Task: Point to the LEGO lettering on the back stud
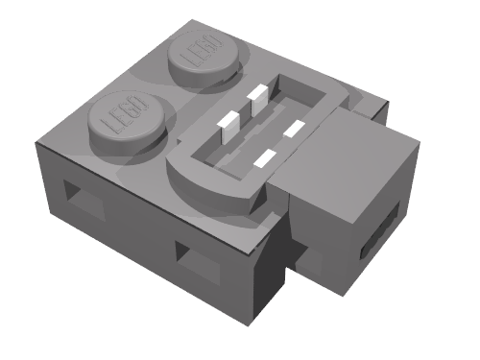(x=201, y=51)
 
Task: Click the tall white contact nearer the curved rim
(x=228, y=127)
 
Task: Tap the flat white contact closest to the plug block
(x=294, y=129)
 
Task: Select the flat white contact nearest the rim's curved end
(x=265, y=158)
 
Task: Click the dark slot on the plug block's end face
(x=380, y=231)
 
